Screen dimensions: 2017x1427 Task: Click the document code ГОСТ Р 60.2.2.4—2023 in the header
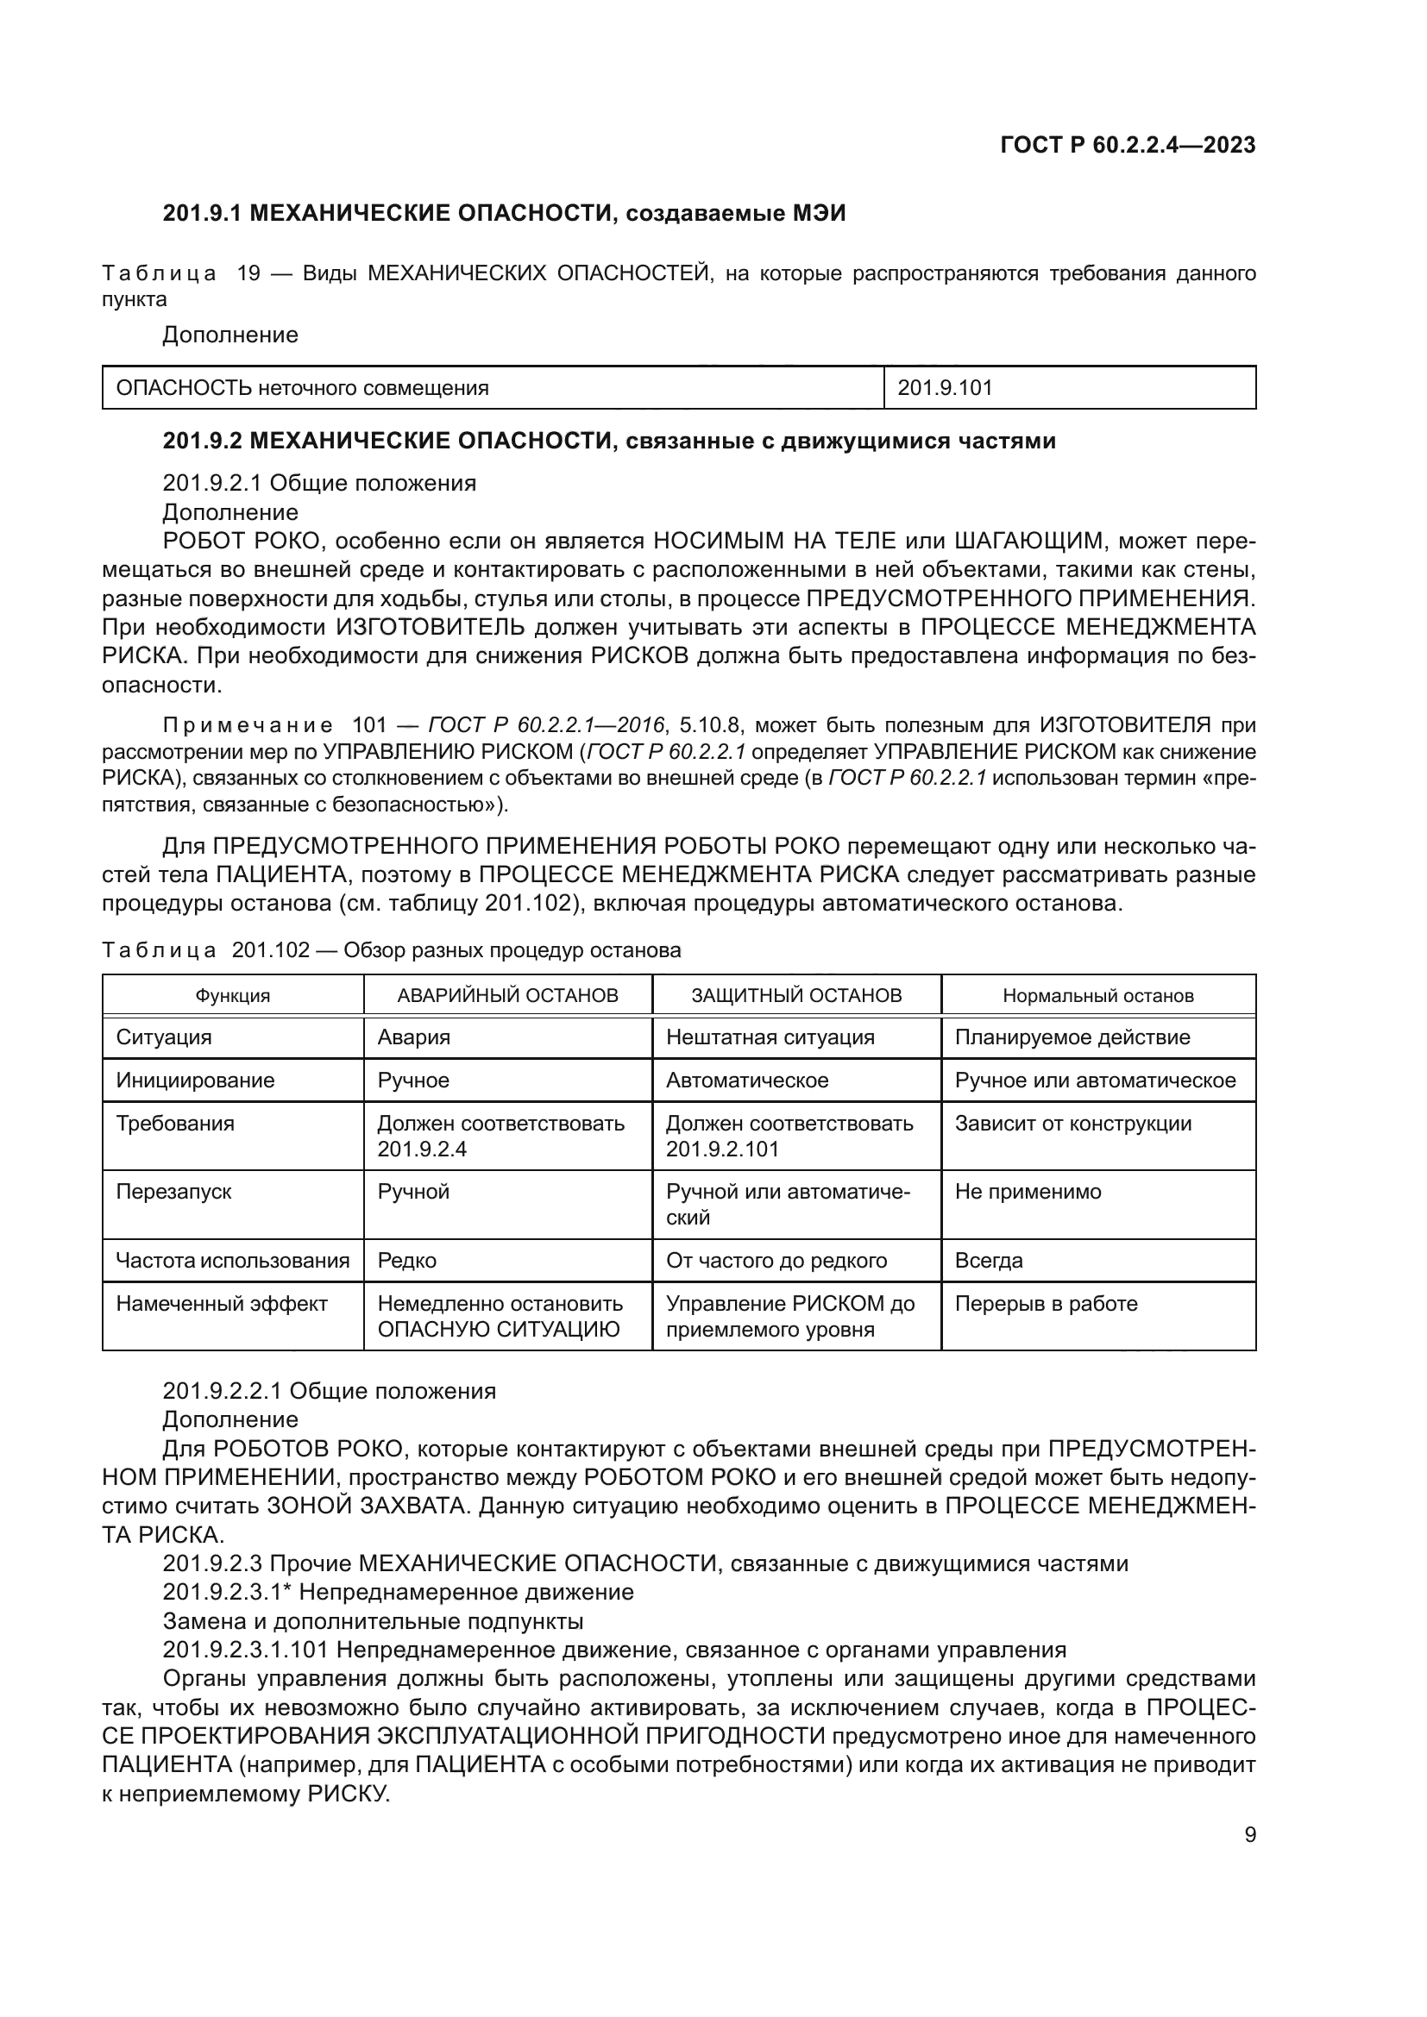pos(1128,145)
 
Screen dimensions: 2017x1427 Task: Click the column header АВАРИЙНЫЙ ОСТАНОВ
pos(507,995)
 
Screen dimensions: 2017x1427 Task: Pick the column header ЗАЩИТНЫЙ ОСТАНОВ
pos(796,995)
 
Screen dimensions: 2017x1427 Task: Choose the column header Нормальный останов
pos(1097,995)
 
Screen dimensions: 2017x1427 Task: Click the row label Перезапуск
pos(174,1191)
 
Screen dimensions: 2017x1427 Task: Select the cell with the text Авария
pos(414,1037)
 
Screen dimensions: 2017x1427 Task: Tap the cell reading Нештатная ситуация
pos(770,1037)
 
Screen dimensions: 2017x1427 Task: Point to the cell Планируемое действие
pos(1072,1037)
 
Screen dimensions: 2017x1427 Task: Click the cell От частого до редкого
pos(776,1261)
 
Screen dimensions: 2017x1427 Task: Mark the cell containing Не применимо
pos(1028,1191)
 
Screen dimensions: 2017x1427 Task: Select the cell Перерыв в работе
pos(1046,1304)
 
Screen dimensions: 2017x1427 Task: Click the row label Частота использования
pos(232,1261)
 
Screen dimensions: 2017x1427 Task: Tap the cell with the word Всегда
pos(989,1261)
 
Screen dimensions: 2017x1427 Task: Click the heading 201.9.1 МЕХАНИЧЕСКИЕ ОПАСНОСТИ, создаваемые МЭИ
pos(504,213)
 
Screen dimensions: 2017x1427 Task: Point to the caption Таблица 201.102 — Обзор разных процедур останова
pos(391,949)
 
